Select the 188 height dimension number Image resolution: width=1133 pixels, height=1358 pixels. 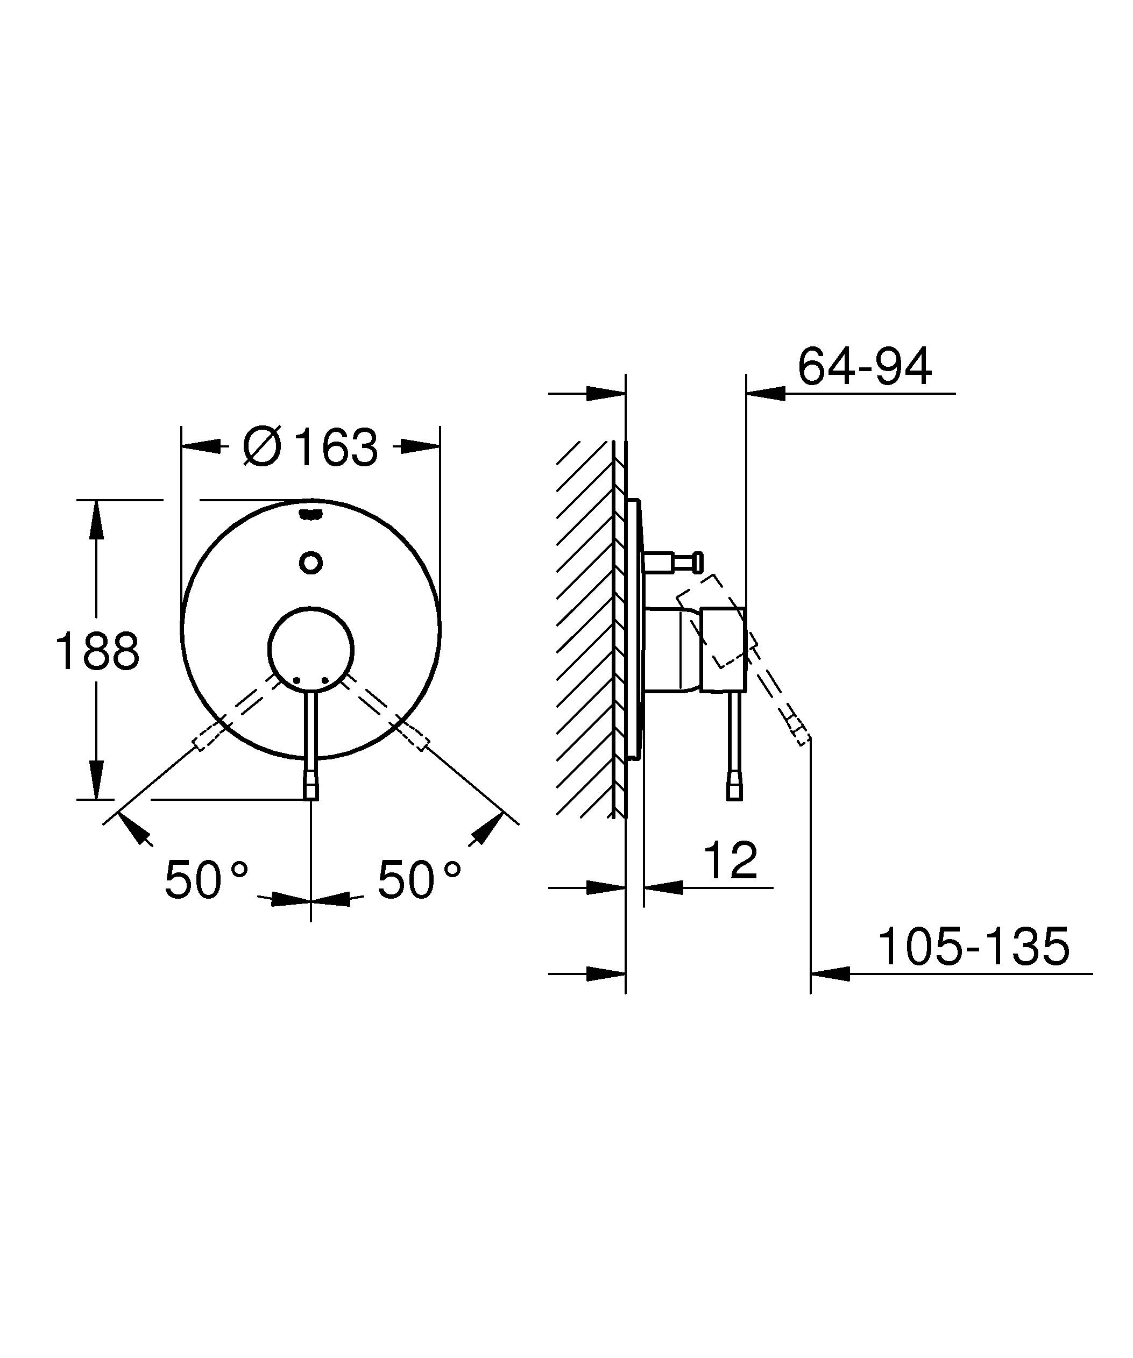point(97,651)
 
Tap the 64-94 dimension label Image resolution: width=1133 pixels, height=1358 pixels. point(864,367)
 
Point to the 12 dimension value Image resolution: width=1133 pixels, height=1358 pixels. point(730,861)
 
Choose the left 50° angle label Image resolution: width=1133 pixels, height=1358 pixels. point(206,879)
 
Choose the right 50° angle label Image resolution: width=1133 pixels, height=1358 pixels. point(419,879)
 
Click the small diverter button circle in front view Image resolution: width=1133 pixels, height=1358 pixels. point(311,562)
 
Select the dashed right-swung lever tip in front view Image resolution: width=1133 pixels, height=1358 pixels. point(417,739)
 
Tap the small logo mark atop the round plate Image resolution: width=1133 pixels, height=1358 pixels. point(311,515)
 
